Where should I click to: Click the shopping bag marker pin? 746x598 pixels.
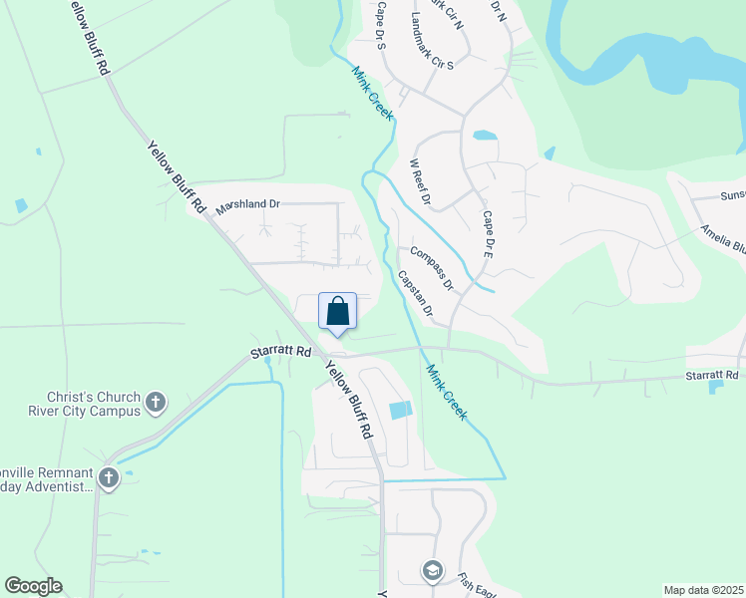tap(338, 311)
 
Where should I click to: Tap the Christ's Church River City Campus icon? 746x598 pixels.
tap(155, 402)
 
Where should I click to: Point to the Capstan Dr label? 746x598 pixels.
tap(415, 294)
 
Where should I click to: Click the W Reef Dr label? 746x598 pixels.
tap(419, 182)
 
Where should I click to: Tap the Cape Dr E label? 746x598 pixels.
tap(489, 235)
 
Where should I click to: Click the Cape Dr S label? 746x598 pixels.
tap(380, 25)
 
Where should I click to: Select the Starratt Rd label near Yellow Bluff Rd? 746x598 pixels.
tap(280, 352)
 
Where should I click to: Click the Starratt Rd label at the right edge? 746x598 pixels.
tap(711, 375)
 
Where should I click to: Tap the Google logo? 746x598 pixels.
tap(33, 586)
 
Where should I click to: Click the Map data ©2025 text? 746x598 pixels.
tap(703, 590)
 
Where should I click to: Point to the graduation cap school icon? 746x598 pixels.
tap(432, 569)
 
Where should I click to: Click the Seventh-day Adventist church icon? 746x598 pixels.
tap(109, 478)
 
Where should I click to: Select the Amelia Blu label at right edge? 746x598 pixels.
tap(722, 239)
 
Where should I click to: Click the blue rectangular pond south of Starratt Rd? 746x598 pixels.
tap(399, 410)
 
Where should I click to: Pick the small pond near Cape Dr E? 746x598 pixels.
tap(485, 136)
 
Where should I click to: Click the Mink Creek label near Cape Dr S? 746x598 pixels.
tap(372, 94)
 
